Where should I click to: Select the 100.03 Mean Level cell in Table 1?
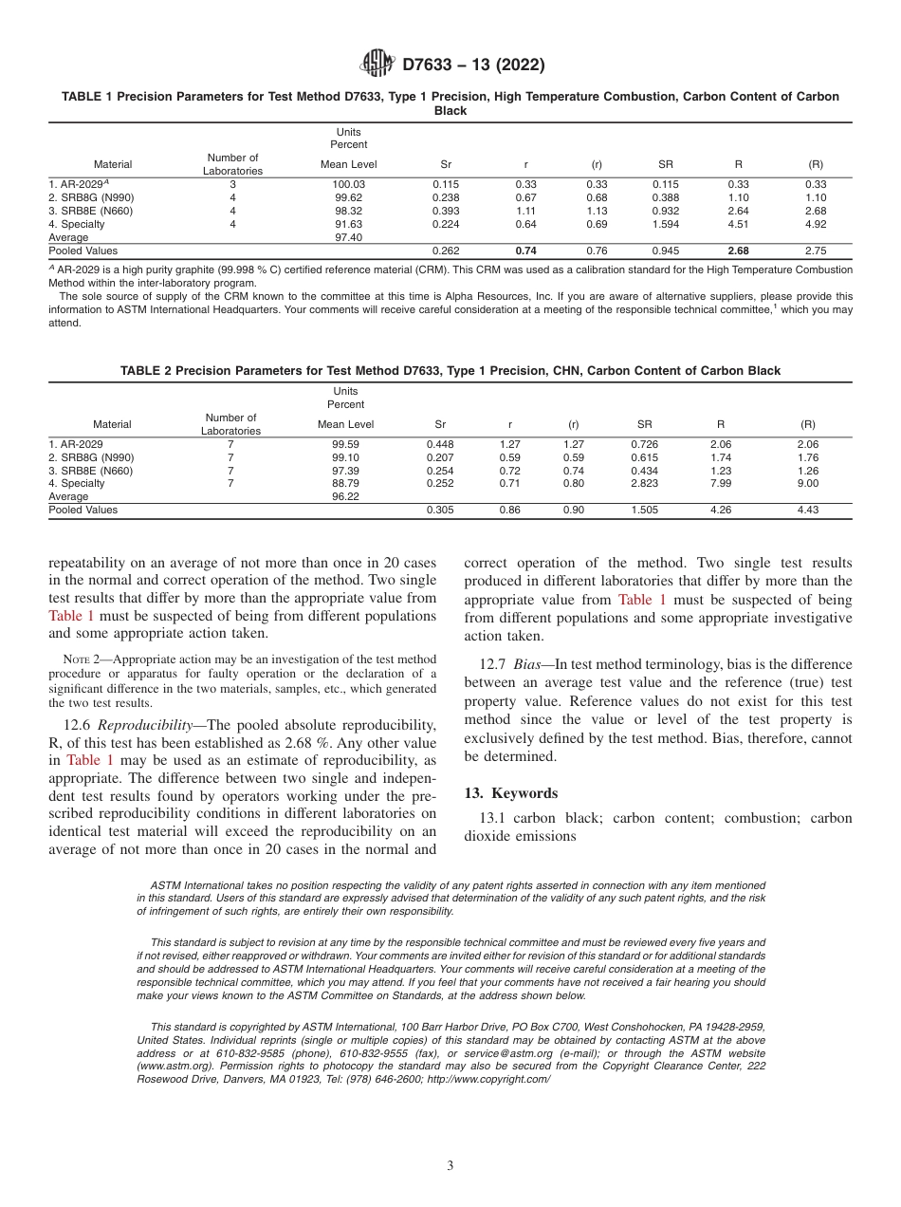pyautogui.click(x=348, y=184)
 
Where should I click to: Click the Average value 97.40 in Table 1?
pyautogui.click(x=348, y=237)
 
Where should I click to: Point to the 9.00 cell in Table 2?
pyautogui.click(x=808, y=483)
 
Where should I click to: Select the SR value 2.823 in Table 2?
pyautogui.click(x=645, y=483)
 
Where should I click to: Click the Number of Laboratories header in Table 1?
pyautogui.click(x=232, y=164)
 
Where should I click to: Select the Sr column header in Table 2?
pyautogui.click(x=440, y=424)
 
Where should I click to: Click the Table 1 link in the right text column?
pyautogui.click(x=642, y=599)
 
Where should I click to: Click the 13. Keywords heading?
pyautogui.click(x=510, y=793)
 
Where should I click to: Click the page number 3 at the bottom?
pyautogui.click(x=450, y=1166)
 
